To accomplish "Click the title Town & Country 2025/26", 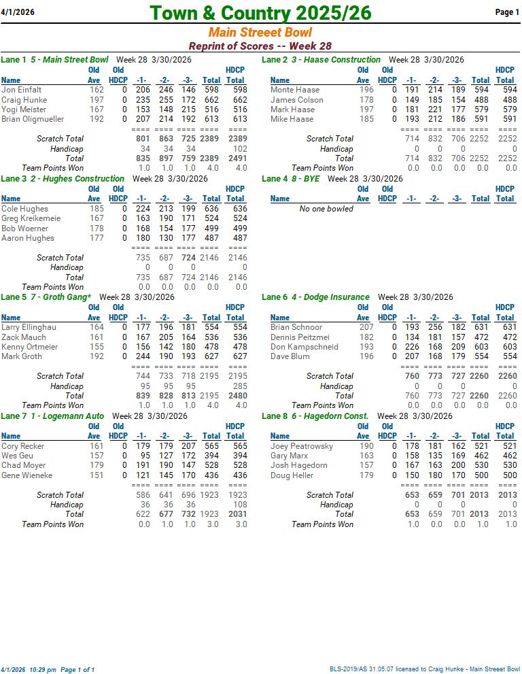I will click(260, 13).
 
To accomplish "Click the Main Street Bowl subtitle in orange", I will click(260, 33).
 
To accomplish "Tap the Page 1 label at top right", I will click(507, 12).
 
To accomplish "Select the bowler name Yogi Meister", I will click(24, 109).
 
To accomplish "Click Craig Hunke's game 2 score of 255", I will click(166, 100).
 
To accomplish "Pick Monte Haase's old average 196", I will click(366, 90).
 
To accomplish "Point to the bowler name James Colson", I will click(297, 100).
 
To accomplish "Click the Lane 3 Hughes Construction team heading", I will click(63, 179).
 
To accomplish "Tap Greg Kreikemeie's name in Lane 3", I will click(31, 218).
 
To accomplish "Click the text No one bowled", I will click(326, 209).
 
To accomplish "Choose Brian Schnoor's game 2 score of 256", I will click(435, 327).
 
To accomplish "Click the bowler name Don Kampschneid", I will click(304, 347).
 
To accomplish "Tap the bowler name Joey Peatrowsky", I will click(302, 446).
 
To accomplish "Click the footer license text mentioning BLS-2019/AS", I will click(425, 669).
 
